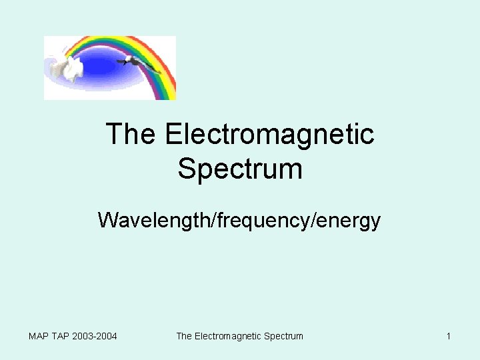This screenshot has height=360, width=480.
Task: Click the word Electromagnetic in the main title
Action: click(x=269, y=135)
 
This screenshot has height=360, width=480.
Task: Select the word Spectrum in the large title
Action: click(x=240, y=169)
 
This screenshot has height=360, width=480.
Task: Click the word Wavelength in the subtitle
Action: click(x=153, y=219)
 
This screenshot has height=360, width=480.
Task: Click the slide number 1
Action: click(x=449, y=336)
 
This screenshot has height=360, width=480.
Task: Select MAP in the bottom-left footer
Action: click(x=39, y=336)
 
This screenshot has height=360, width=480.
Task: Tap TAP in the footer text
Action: click(x=62, y=336)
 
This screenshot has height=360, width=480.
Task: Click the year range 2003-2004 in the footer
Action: click(x=95, y=336)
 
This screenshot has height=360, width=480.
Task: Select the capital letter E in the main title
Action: click(x=173, y=135)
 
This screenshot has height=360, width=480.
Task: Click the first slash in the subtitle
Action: click(x=211, y=219)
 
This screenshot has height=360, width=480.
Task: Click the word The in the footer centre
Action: click(x=184, y=336)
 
